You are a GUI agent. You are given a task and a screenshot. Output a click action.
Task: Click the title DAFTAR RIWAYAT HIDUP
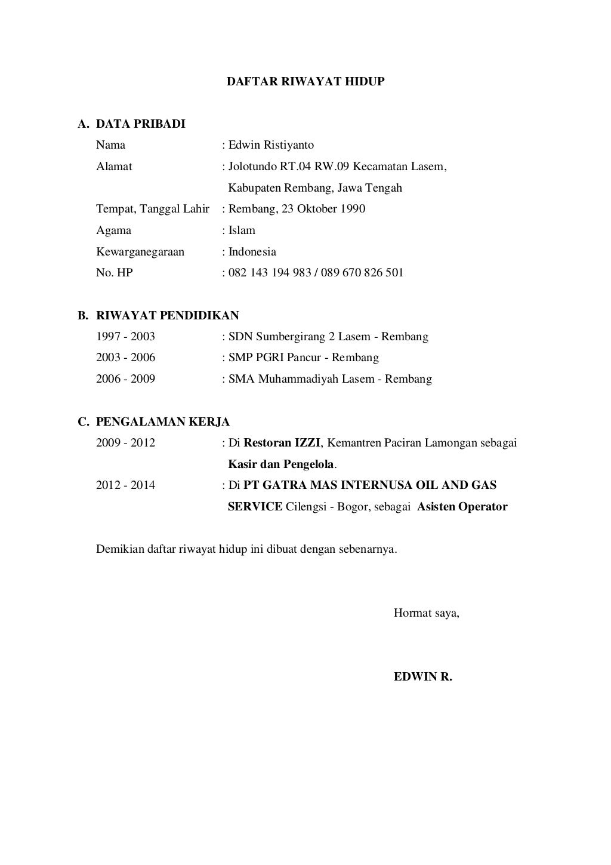(305, 82)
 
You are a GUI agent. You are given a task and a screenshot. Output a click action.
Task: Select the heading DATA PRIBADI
(141, 124)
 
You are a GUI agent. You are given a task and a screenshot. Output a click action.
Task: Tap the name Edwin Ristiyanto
(271, 145)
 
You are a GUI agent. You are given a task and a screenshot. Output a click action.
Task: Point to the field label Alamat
(114, 167)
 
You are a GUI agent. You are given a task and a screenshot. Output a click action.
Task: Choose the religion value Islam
(242, 230)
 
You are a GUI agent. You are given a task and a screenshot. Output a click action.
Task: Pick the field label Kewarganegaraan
(140, 252)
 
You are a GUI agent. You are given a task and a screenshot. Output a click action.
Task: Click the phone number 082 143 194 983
(270, 273)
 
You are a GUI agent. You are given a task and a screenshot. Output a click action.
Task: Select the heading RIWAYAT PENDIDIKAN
(168, 315)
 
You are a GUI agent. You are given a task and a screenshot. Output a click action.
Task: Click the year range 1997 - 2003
(125, 337)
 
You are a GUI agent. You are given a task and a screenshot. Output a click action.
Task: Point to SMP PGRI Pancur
(277, 358)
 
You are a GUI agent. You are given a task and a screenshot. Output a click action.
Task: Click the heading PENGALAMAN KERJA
(163, 422)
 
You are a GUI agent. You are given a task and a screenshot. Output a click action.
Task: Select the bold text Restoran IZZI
(282, 443)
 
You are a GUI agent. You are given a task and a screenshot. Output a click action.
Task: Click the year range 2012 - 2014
(125, 485)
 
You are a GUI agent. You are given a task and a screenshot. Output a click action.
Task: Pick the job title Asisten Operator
(462, 507)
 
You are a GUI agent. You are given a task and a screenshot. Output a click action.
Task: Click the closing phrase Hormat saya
(426, 613)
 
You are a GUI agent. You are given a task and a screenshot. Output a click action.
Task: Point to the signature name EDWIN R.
(423, 677)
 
